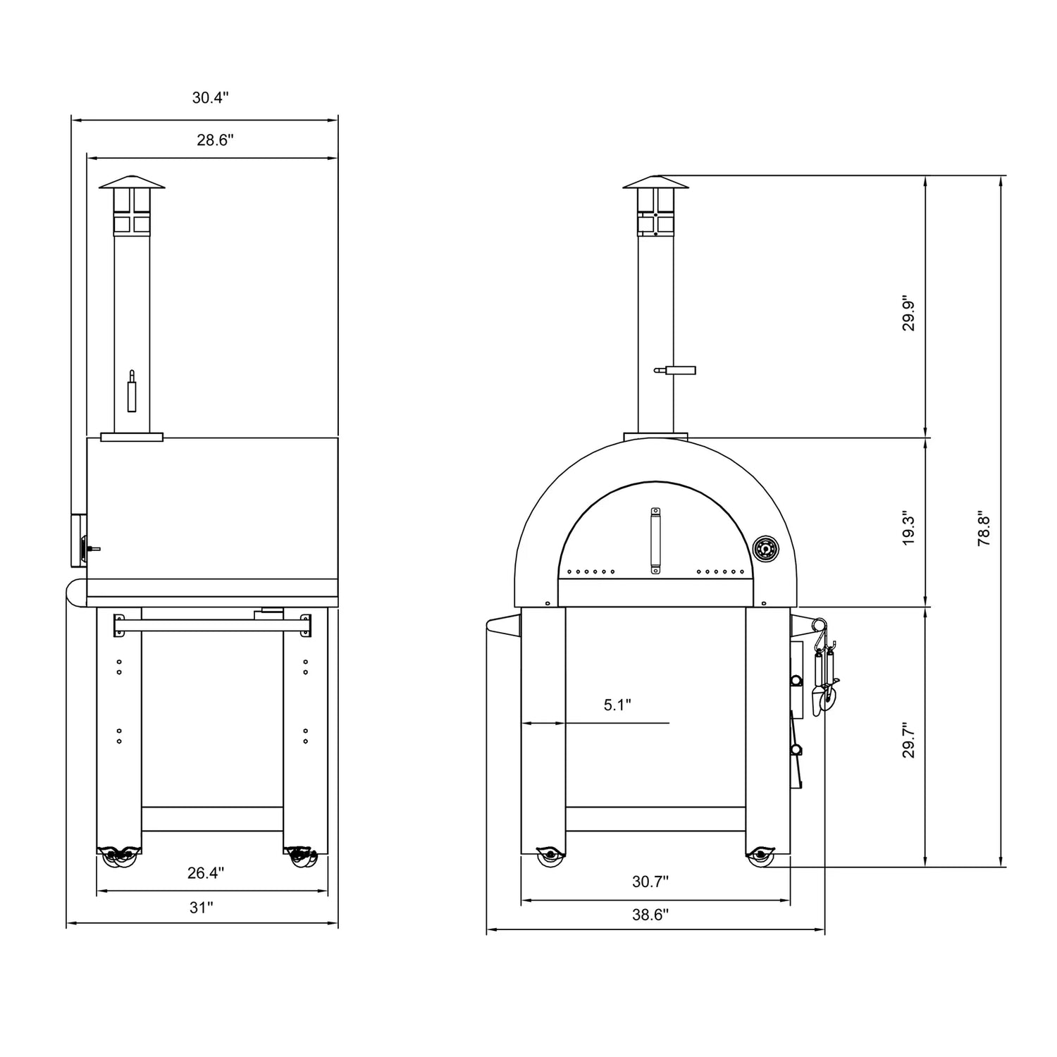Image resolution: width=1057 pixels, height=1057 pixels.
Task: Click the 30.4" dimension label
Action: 211,98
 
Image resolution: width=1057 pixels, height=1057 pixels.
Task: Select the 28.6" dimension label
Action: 215,140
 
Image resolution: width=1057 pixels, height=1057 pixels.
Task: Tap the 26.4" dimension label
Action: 206,873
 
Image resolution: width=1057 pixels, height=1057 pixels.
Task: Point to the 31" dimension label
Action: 201,908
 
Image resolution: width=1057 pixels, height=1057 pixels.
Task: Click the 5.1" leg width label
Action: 617,705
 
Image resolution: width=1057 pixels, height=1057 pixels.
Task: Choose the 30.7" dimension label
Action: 650,881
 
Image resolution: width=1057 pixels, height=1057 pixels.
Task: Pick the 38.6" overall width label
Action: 650,915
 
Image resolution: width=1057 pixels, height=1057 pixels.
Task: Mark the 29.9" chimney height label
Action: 909,312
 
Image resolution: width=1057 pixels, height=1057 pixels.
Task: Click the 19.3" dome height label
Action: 909,528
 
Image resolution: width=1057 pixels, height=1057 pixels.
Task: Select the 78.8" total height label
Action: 984,528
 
